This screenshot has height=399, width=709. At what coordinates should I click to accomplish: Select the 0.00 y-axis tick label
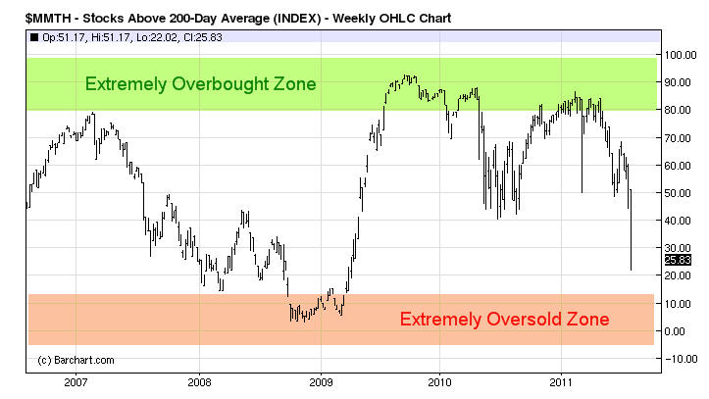click(x=678, y=331)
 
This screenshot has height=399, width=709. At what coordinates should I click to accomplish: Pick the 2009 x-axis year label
click(x=321, y=380)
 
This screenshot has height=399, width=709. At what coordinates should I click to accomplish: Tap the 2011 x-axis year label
click(x=561, y=380)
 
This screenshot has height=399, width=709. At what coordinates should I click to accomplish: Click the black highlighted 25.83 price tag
click(x=678, y=260)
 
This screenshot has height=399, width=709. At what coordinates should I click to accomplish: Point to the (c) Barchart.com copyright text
click(x=76, y=360)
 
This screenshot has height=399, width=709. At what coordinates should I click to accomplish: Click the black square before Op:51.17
click(x=35, y=38)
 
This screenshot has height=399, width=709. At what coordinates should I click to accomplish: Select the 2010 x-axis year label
click(x=440, y=380)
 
